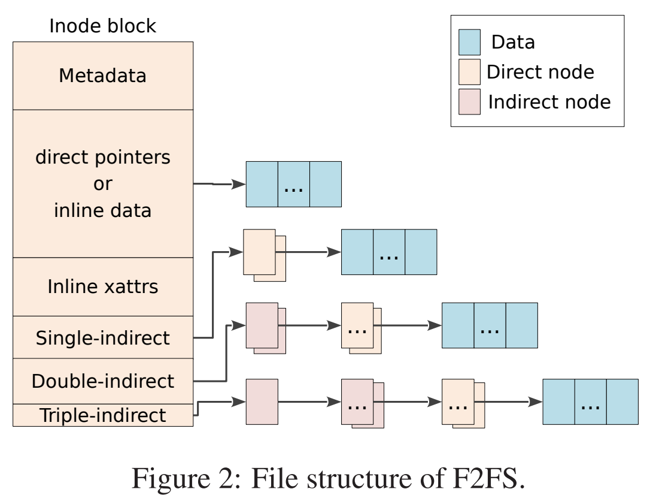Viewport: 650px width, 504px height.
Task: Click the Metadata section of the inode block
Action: pos(102,76)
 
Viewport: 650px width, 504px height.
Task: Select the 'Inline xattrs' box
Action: pos(102,286)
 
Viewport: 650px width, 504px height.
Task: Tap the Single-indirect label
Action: pos(102,338)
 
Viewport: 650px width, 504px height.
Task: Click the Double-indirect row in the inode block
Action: pos(102,381)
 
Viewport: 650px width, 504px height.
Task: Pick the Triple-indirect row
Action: pos(102,415)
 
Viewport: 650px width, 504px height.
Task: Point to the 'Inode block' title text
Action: pos(102,26)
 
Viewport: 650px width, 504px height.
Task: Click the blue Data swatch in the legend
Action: pos(469,42)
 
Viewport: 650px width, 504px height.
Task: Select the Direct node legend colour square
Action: pos(469,72)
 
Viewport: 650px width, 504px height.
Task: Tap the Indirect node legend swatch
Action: pos(469,102)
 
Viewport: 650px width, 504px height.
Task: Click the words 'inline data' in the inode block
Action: pos(102,210)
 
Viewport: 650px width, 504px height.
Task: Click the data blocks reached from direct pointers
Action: pos(293,184)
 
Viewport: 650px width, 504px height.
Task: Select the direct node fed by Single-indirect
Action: pos(260,252)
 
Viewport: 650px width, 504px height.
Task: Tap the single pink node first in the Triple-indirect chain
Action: pos(262,402)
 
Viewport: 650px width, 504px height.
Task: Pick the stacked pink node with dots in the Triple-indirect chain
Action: pos(359,403)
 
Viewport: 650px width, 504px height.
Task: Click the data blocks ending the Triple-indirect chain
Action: pos(590,402)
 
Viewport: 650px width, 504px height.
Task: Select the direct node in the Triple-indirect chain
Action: pos(459,403)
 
